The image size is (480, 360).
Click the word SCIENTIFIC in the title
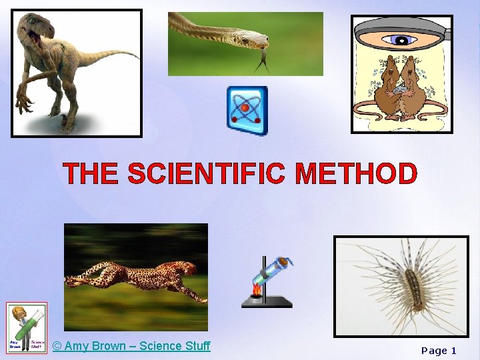[208, 174]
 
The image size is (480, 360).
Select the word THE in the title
[92, 174]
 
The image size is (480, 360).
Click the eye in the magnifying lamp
[402, 39]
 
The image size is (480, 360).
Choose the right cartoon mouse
[417, 87]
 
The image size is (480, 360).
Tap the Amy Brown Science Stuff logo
[27, 328]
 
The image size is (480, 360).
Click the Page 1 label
[438, 351]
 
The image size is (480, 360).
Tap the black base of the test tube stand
[267, 303]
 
